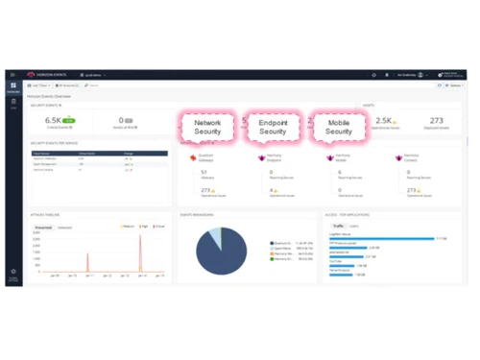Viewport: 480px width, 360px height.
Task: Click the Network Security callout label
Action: [x=207, y=127]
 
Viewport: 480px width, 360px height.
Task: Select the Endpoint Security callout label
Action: [x=273, y=127]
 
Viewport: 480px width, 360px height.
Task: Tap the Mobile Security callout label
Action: [x=338, y=127]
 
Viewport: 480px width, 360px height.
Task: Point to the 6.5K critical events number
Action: [x=53, y=121]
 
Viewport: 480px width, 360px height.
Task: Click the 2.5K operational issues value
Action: [x=383, y=121]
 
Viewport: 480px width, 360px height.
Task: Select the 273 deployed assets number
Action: [x=437, y=121]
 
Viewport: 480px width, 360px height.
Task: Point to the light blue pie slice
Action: [x=215, y=235]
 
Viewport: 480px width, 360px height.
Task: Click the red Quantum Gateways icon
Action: [x=193, y=157]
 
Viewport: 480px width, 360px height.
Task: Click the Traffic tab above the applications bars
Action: [x=338, y=227]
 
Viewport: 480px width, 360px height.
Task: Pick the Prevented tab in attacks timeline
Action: [x=43, y=228]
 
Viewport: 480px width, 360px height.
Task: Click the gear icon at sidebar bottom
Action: [x=13, y=272]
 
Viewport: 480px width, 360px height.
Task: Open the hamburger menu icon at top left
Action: [x=13, y=75]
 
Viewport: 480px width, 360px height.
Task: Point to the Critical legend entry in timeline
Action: [x=158, y=228]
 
